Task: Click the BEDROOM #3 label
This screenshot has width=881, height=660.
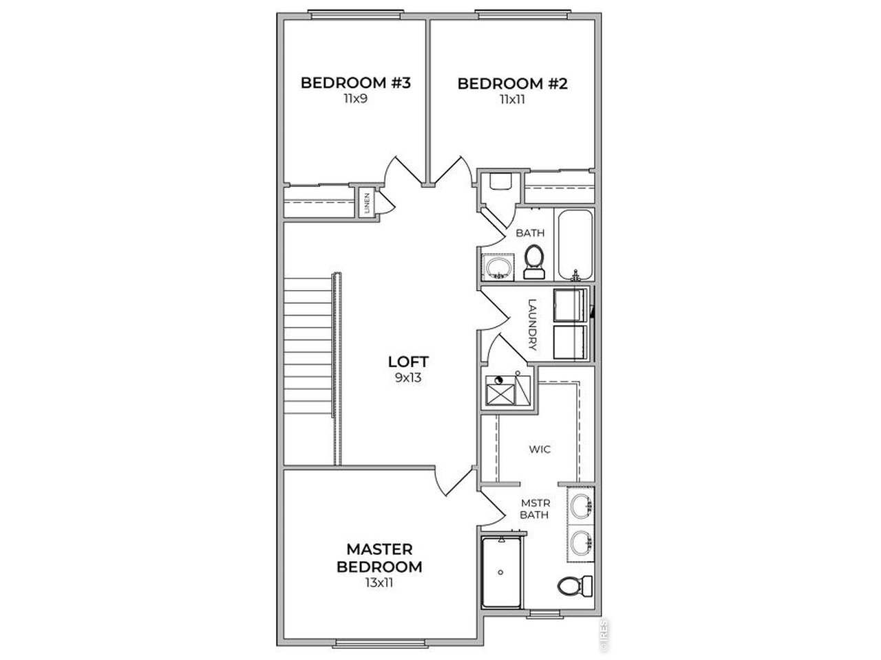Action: [x=356, y=83]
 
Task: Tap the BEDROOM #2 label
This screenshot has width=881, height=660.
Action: [x=513, y=84]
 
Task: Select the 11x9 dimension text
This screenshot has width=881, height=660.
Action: [x=356, y=98]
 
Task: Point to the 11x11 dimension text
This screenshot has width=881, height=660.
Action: [x=513, y=100]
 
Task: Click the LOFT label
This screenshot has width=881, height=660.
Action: [x=408, y=362]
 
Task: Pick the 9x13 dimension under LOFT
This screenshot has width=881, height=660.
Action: [x=408, y=377]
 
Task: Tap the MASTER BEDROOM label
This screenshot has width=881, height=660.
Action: [x=379, y=558]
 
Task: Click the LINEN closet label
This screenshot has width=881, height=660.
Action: [x=367, y=203]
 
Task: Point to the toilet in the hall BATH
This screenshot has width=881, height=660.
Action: [x=534, y=262]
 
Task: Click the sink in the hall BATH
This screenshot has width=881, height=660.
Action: [x=498, y=267]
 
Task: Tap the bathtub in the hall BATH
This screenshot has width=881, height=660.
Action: [x=575, y=245]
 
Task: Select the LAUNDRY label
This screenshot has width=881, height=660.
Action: [x=532, y=324]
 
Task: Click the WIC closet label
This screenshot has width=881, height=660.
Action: [x=540, y=449]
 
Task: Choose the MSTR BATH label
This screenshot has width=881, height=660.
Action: [x=535, y=509]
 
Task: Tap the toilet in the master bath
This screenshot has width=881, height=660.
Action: [x=575, y=586]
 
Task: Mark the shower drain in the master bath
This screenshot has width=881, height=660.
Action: [x=500, y=572]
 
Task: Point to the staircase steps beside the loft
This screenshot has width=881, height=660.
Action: [x=308, y=346]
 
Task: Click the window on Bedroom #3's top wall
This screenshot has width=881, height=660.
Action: [x=357, y=15]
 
